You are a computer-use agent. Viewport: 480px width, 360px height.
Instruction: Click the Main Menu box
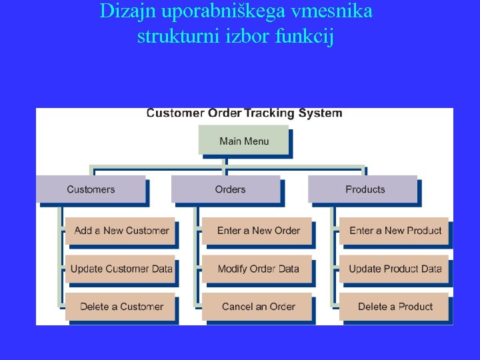(x=244, y=141)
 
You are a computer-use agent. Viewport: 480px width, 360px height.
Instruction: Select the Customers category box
(x=91, y=189)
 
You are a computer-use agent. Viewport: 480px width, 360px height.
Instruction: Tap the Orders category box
(x=230, y=189)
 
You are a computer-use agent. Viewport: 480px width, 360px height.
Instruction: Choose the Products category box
(x=365, y=189)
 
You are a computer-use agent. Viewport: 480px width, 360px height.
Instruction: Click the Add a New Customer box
(x=121, y=231)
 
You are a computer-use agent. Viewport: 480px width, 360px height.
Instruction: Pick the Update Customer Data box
(x=121, y=269)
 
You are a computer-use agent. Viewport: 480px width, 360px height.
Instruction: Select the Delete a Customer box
(x=121, y=307)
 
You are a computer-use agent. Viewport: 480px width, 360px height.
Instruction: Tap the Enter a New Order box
(x=258, y=231)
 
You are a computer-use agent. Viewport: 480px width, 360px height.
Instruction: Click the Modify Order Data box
(x=258, y=269)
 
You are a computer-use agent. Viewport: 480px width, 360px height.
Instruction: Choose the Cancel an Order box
(x=258, y=307)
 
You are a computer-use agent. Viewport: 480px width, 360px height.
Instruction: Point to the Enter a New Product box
(x=395, y=231)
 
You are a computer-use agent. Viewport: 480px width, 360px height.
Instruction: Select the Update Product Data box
(x=395, y=269)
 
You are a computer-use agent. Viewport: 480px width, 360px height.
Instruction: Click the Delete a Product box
(x=395, y=307)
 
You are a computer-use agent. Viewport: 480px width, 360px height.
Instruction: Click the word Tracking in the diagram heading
(x=269, y=113)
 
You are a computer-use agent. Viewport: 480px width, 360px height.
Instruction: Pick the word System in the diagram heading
(x=320, y=113)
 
